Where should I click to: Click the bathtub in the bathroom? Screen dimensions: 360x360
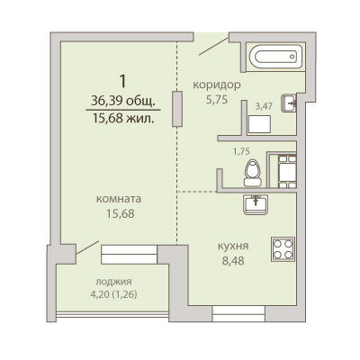point(275,57)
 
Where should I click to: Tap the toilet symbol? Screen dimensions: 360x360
point(253,173)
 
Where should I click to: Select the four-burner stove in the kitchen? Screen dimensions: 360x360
point(283,249)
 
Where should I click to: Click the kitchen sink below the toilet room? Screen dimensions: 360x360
point(256,204)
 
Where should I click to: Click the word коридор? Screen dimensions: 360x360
point(217,85)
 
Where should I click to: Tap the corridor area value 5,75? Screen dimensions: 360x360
point(217,99)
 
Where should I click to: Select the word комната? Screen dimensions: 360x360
point(119,199)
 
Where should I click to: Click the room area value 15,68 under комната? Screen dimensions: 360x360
point(121,213)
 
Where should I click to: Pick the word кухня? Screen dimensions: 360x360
point(233,247)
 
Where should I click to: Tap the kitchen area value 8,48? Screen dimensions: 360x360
point(233,261)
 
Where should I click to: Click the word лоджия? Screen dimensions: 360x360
point(113,282)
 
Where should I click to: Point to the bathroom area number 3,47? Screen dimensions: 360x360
point(264,106)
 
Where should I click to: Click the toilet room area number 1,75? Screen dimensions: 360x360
point(241,151)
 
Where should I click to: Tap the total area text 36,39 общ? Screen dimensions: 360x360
point(123,102)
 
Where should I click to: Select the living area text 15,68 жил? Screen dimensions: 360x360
point(123,119)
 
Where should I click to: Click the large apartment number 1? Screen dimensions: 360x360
point(122,81)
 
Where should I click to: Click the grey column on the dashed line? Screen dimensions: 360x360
point(177,109)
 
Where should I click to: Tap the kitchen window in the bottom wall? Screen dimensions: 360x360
point(238,314)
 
